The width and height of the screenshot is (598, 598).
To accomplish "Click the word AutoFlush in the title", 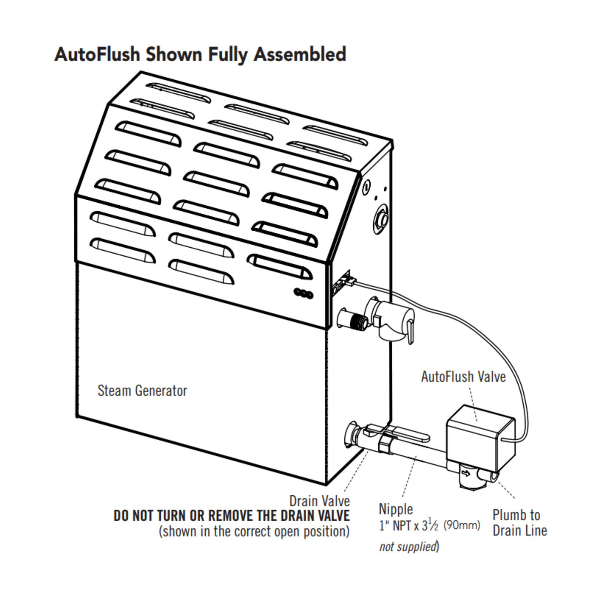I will (x=97, y=54).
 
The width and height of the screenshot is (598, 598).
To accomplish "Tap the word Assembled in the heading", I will (x=299, y=54).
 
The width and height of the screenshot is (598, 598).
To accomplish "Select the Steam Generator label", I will (x=142, y=390).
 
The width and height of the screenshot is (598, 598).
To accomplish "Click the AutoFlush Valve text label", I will (x=463, y=376).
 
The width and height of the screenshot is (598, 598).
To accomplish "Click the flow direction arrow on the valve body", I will (x=465, y=472).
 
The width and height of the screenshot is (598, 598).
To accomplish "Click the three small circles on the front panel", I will (x=302, y=294).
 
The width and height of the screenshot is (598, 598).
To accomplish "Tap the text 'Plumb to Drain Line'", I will (x=519, y=522).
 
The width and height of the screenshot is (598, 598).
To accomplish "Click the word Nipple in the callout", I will (x=396, y=509).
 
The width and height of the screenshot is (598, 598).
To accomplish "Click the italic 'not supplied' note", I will (x=408, y=547).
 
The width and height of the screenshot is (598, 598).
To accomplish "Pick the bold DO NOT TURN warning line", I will (x=232, y=516).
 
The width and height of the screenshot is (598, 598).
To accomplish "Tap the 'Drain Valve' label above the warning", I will (x=319, y=500).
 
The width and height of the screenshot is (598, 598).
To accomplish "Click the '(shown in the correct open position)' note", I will (x=254, y=531).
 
